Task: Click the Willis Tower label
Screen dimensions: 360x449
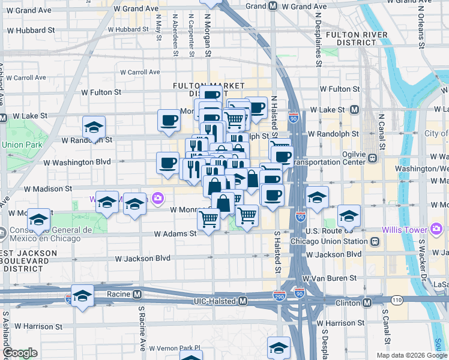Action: [x=405, y=229]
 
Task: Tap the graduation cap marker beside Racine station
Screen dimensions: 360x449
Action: [x=83, y=296]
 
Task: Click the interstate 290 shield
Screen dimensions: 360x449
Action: [x=279, y=296]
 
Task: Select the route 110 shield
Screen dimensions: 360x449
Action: [x=396, y=299]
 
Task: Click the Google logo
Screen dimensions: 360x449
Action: [x=20, y=353]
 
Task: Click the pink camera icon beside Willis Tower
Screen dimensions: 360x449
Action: [x=436, y=229]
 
